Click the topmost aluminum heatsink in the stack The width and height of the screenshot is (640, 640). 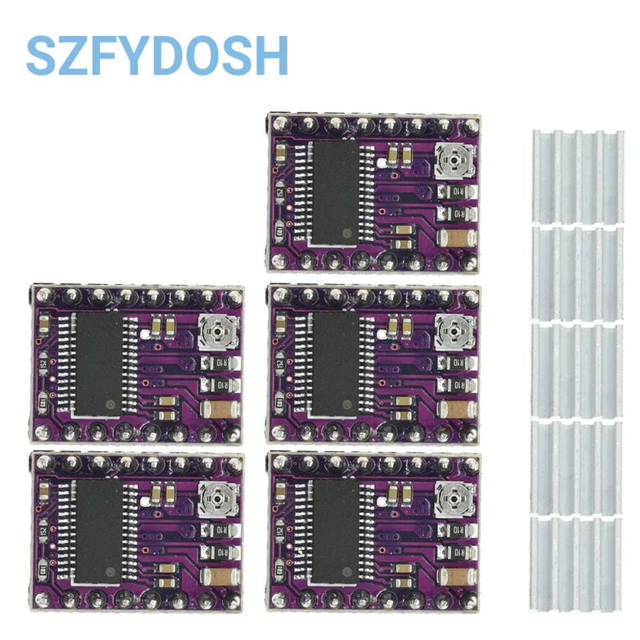(x=577, y=177)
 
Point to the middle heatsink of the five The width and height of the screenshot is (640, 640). (x=577, y=371)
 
